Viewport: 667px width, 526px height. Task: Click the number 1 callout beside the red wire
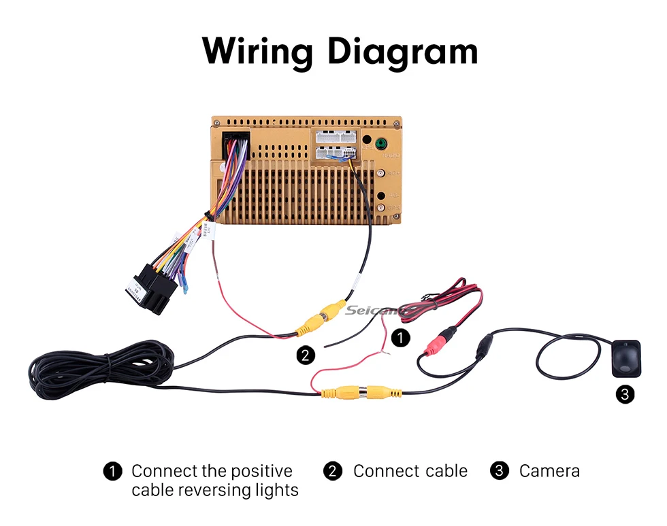pos(402,338)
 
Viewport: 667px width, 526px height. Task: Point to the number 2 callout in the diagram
pos(306,354)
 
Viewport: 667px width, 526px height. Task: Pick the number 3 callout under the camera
pos(625,393)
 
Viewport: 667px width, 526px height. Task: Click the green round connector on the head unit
pos(380,144)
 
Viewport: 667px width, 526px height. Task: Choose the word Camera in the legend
pos(549,471)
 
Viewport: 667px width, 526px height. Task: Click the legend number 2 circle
pos(332,471)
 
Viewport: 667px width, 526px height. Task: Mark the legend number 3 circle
pos(500,471)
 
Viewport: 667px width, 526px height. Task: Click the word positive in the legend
pos(261,471)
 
